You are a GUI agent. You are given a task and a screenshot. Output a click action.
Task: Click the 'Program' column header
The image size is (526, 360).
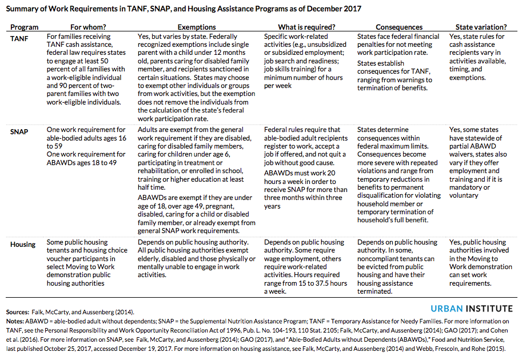(25, 27)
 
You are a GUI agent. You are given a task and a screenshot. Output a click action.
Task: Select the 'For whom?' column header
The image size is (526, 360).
(87, 27)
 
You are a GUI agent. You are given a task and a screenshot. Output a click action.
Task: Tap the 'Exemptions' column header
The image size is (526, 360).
(197, 27)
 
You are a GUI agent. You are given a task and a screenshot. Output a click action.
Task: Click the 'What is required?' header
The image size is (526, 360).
(306, 27)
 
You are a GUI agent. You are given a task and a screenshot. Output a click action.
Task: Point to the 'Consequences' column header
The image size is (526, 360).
(399, 27)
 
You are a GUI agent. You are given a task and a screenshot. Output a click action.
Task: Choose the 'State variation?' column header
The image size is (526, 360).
(481, 27)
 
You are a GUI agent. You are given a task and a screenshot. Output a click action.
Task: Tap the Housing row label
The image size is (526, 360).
(23, 244)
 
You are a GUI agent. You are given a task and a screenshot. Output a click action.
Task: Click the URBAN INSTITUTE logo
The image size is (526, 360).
(472, 309)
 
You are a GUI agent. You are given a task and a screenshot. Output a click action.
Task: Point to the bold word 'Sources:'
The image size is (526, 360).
(20, 312)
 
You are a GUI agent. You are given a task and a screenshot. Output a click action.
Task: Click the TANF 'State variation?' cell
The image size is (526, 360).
(477, 57)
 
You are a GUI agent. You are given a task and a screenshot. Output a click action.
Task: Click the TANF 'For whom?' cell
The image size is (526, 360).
(86, 69)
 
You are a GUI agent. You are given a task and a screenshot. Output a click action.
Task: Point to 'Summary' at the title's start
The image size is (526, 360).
(23, 9)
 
